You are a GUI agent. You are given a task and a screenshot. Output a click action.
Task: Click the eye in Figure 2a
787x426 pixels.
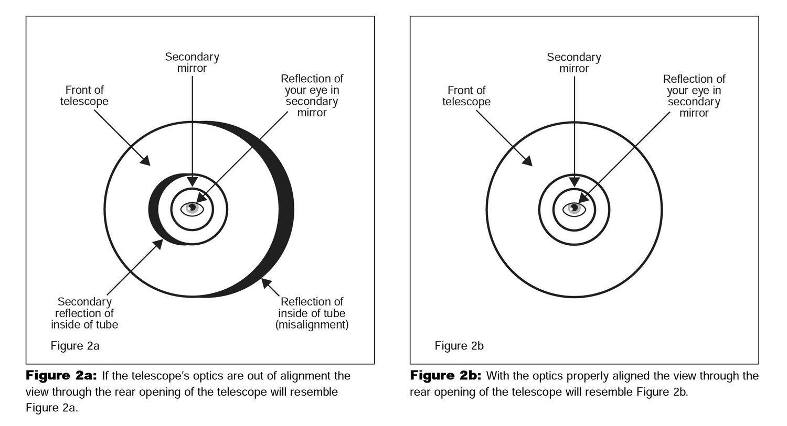[x=192, y=209]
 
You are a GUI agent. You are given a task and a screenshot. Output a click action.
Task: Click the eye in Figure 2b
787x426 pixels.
[x=574, y=209]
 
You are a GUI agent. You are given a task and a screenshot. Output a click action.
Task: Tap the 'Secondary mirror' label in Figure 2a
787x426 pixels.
[x=192, y=62]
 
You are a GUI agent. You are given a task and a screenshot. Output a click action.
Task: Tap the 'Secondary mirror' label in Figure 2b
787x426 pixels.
[x=574, y=63]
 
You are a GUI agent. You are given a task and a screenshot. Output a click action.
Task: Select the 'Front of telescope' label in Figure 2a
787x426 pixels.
[x=84, y=95]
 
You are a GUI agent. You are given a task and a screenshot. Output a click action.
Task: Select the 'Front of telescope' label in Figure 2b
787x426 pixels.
[x=466, y=96]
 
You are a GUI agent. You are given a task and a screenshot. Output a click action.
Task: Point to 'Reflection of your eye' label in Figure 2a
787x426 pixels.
[x=312, y=95]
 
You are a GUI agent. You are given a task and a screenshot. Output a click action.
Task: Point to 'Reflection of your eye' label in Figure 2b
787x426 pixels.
[x=694, y=96]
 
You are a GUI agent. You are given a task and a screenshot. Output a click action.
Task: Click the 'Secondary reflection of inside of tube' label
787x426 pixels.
[x=84, y=313]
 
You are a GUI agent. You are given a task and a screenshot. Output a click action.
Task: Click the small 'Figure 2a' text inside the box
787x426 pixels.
[x=75, y=346]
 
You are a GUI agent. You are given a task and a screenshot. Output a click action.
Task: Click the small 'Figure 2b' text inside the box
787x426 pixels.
[x=459, y=346]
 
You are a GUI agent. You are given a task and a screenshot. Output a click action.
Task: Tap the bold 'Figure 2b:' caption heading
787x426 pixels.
[x=445, y=376]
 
